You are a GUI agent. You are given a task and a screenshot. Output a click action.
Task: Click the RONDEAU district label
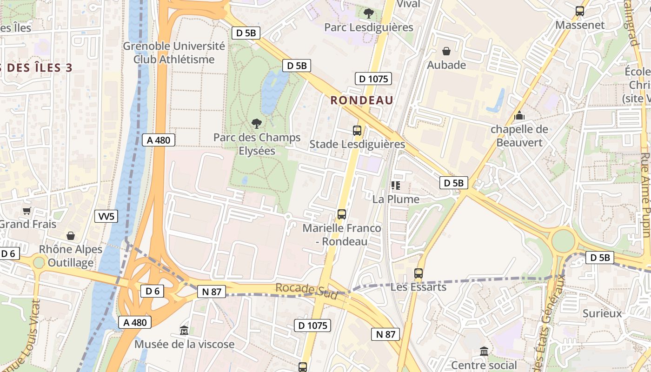(x=362, y=100)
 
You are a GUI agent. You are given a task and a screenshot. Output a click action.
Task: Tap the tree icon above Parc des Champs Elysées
(x=256, y=124)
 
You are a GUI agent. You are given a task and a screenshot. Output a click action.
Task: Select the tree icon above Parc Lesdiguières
(x=369, y=13)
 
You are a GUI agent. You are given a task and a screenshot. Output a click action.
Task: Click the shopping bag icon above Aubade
(x=446, y=51)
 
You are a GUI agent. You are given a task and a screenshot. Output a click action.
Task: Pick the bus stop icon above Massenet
(x=580, y=11)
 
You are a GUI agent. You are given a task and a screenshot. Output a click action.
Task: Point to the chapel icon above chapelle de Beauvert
(x=519, y=115)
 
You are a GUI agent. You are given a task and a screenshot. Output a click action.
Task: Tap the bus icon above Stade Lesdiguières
(x=357, y=131)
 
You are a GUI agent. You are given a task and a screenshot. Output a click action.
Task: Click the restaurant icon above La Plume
(x=396, y=186)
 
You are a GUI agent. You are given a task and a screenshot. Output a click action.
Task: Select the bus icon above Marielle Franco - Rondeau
(x=342, y=214)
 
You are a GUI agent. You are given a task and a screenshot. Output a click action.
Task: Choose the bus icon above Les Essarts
(x=418, y=273)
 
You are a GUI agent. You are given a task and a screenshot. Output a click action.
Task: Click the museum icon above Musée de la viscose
(x=184, y=331)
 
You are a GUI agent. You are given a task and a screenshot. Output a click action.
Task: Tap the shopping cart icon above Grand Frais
(x=27, y=211)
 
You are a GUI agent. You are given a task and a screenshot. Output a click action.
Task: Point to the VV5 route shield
(x=106, y=216)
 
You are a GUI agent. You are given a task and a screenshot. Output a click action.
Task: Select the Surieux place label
(x=602, y=313)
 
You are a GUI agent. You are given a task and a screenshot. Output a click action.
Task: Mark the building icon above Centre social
(x=484, y=352)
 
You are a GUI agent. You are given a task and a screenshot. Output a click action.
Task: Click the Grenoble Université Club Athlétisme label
(x=174, y=53)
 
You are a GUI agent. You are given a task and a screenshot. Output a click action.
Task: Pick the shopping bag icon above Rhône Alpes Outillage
(x=71, y=236)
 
